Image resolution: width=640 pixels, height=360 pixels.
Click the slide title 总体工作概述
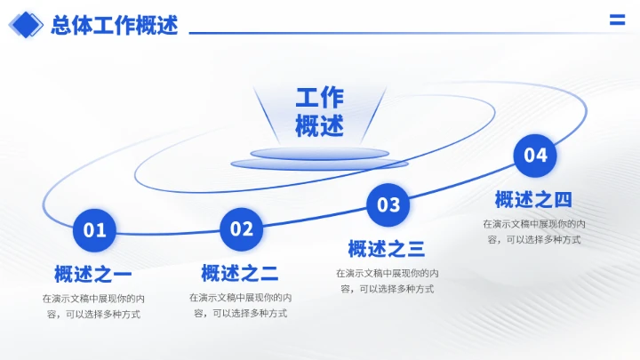[115, 26]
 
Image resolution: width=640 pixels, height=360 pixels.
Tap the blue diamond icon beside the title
[25, 26]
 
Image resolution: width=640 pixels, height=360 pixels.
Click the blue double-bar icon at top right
[617, 21]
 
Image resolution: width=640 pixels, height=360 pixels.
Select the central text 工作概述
[319, 112]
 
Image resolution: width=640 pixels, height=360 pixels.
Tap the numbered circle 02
[242, 229]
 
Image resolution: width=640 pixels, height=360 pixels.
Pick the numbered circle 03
[388, 205]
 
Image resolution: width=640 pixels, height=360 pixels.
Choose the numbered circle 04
[535, 156]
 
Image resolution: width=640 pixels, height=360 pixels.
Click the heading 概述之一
[93, 274]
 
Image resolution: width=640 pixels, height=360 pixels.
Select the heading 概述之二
[240, 273]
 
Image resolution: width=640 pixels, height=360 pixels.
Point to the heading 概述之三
[387, 249]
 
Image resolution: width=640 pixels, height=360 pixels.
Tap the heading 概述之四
[533, 199]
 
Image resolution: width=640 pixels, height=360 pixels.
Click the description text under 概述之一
[93, 306]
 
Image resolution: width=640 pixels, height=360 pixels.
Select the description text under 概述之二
[240, 305]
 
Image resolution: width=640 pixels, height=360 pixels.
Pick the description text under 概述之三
[387, 281]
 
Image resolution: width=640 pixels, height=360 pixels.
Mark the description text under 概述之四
[533, 231]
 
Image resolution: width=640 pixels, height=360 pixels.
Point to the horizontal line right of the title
[391, 33]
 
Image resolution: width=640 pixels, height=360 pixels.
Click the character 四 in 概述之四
[563, 199]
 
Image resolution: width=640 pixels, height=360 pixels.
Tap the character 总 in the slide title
[61, 26]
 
